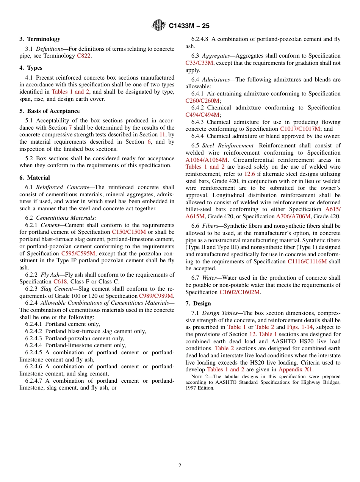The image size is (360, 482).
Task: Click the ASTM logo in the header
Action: coord(158,25)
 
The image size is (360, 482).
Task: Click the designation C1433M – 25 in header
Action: coord(189,26)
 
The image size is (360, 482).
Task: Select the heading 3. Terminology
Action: coord(40,39)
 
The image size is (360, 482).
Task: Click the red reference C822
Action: coord(84,56)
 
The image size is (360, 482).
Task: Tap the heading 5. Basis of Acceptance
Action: coord(49,111)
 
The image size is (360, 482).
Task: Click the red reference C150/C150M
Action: coord(129,232)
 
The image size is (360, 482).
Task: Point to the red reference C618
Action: coord(60,282)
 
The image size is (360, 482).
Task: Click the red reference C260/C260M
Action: coord(202,101)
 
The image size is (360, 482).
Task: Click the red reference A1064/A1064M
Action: coord(207,160)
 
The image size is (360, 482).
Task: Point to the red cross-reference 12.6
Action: coord(249,174)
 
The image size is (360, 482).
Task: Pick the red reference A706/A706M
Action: coord(293,216)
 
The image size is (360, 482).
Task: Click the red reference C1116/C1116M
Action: coord(307,261)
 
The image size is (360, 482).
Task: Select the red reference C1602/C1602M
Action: coord(239,292)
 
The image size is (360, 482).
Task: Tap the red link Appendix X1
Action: coord(295,369)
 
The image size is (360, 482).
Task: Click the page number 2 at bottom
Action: coord(180,466)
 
